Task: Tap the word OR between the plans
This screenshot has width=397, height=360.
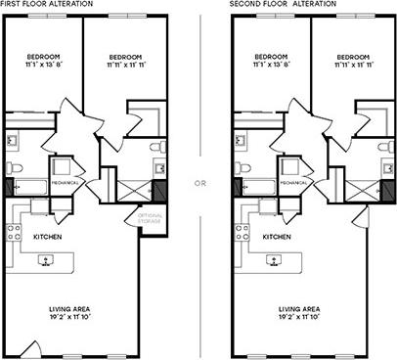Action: [199, 182]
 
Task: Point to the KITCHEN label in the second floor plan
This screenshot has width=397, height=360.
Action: [277, 237]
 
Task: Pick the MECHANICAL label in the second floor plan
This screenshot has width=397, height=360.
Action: [295, 182]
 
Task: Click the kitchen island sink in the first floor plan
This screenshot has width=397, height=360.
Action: [46, 261]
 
